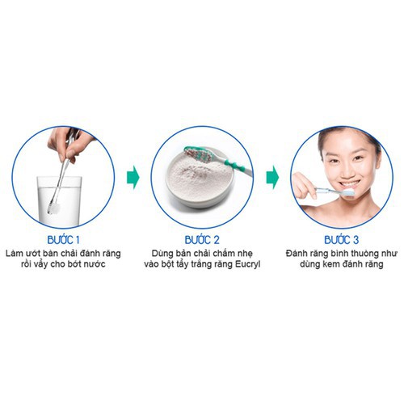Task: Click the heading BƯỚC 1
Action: point(63,240)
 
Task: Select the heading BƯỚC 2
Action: point(202,240)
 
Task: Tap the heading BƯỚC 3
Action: point(341,240)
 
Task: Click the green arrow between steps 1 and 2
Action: point(133,178)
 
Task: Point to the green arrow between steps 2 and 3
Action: point(272,178)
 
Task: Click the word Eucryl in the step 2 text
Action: point(248,264)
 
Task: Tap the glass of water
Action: point(59,200)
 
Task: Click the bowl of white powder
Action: point(200,183)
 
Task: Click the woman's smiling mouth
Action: point(350,185)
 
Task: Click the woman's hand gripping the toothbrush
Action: point(305,186)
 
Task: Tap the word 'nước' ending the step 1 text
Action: point(94,264)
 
